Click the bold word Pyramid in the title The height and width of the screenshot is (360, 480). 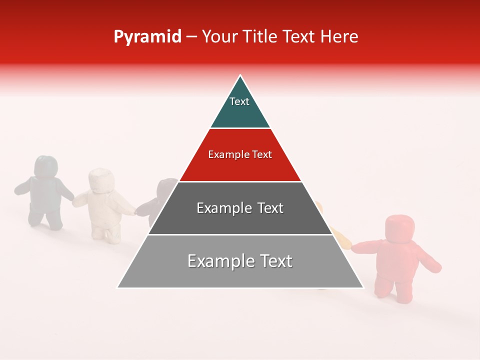tap(147, 37)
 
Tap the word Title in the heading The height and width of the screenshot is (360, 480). tap(259, 37)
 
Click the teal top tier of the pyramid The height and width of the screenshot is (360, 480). tap(240, 110)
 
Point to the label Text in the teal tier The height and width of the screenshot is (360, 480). tap(239, 101)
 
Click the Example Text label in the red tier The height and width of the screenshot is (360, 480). tap(240, 154)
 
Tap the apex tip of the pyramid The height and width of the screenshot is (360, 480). tap(240, 76)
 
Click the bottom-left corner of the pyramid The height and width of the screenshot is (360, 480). tap(118, 287)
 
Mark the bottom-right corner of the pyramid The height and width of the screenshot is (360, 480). tap(363, 287)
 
